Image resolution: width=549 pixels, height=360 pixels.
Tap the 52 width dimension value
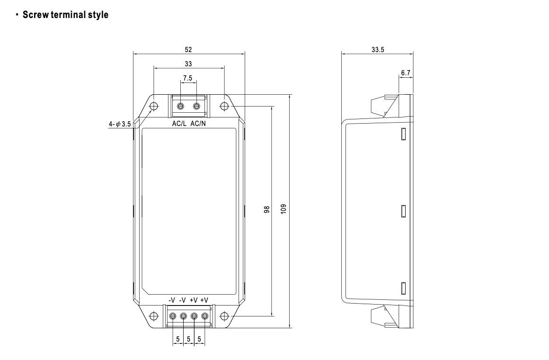click(x=188, y=50)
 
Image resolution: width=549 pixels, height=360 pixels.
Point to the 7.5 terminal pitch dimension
click(x=188, y=78)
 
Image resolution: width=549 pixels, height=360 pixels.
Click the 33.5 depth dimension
click(x=377, y=50)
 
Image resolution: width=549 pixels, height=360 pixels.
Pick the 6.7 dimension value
click(x=406, y=73)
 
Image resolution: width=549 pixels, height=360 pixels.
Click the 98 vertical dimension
click(x=267, y=210)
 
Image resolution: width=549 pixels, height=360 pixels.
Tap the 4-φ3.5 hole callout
click(x=120, y=125)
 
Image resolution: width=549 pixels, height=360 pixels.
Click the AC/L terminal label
click(x=179, y=124)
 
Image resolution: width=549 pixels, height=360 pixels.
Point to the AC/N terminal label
click(x=198, y=124)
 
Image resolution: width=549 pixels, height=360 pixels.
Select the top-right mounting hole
click(x=224, y=106)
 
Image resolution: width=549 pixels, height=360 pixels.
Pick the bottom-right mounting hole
click(x=224, y=316)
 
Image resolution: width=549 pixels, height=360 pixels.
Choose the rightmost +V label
click(x=204, y=300)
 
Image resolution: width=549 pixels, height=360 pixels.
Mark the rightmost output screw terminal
click(x=205, y=316)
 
